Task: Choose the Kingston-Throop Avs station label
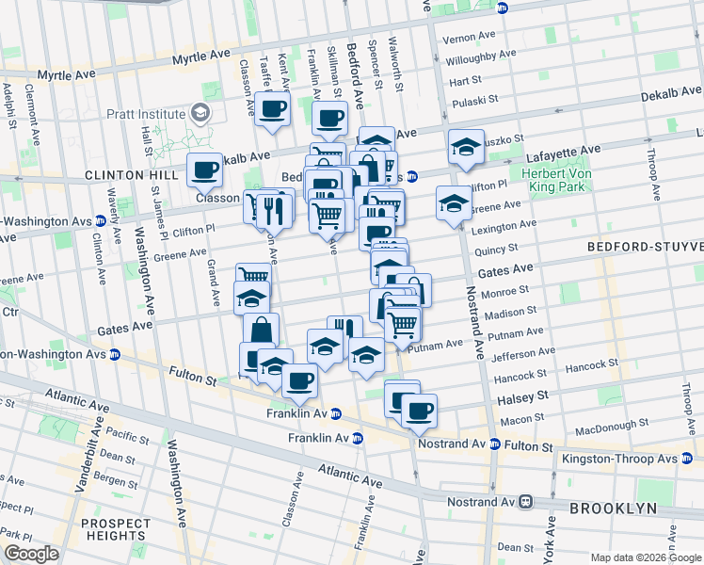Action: pyautogui.click(x=617, y=460)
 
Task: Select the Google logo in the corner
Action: pyautogui.click(x=31, y=553)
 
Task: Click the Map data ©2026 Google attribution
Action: pyautogui.click(x=645, y=557)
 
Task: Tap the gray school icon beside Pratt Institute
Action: pyautogui.click(x=200, y=114)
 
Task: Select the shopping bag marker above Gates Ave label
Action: pyautogui.click(x=262, y=331)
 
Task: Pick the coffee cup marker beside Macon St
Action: pyautogui.click(x=419, y=411)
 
